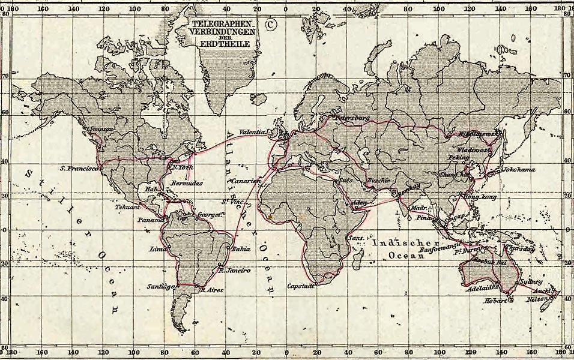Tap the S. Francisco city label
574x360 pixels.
click(x=80, y=169)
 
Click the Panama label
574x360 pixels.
click(x=151, y=220)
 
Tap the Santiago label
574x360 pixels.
click(x=161, y=287)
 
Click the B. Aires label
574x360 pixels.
click(x=211, y=290)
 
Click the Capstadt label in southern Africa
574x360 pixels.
click(x=301, y=286)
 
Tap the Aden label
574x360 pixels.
click(x=360, y=202)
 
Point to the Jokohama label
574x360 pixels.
click(x=518, y=169)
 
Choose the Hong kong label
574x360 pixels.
click(x=481, y=197)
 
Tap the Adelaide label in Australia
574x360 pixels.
click(x=480, y=287)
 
